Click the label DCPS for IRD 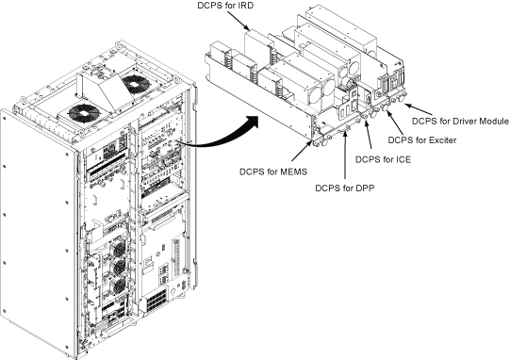pos(225,6)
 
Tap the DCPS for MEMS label pos(273,172)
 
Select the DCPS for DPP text pos(345,188)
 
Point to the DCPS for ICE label pos(383,159)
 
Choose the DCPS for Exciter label pos(422,140)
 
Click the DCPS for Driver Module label pos(460,121)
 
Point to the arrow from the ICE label pos(369,138)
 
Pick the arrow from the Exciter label pos(395,123)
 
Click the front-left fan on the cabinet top pos(84,114)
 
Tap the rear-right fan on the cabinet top pos(135,85)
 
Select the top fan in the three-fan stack pos(119,249)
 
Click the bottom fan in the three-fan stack pos(119,286)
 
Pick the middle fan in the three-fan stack pos(119,267)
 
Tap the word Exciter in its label pos(443,140)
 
